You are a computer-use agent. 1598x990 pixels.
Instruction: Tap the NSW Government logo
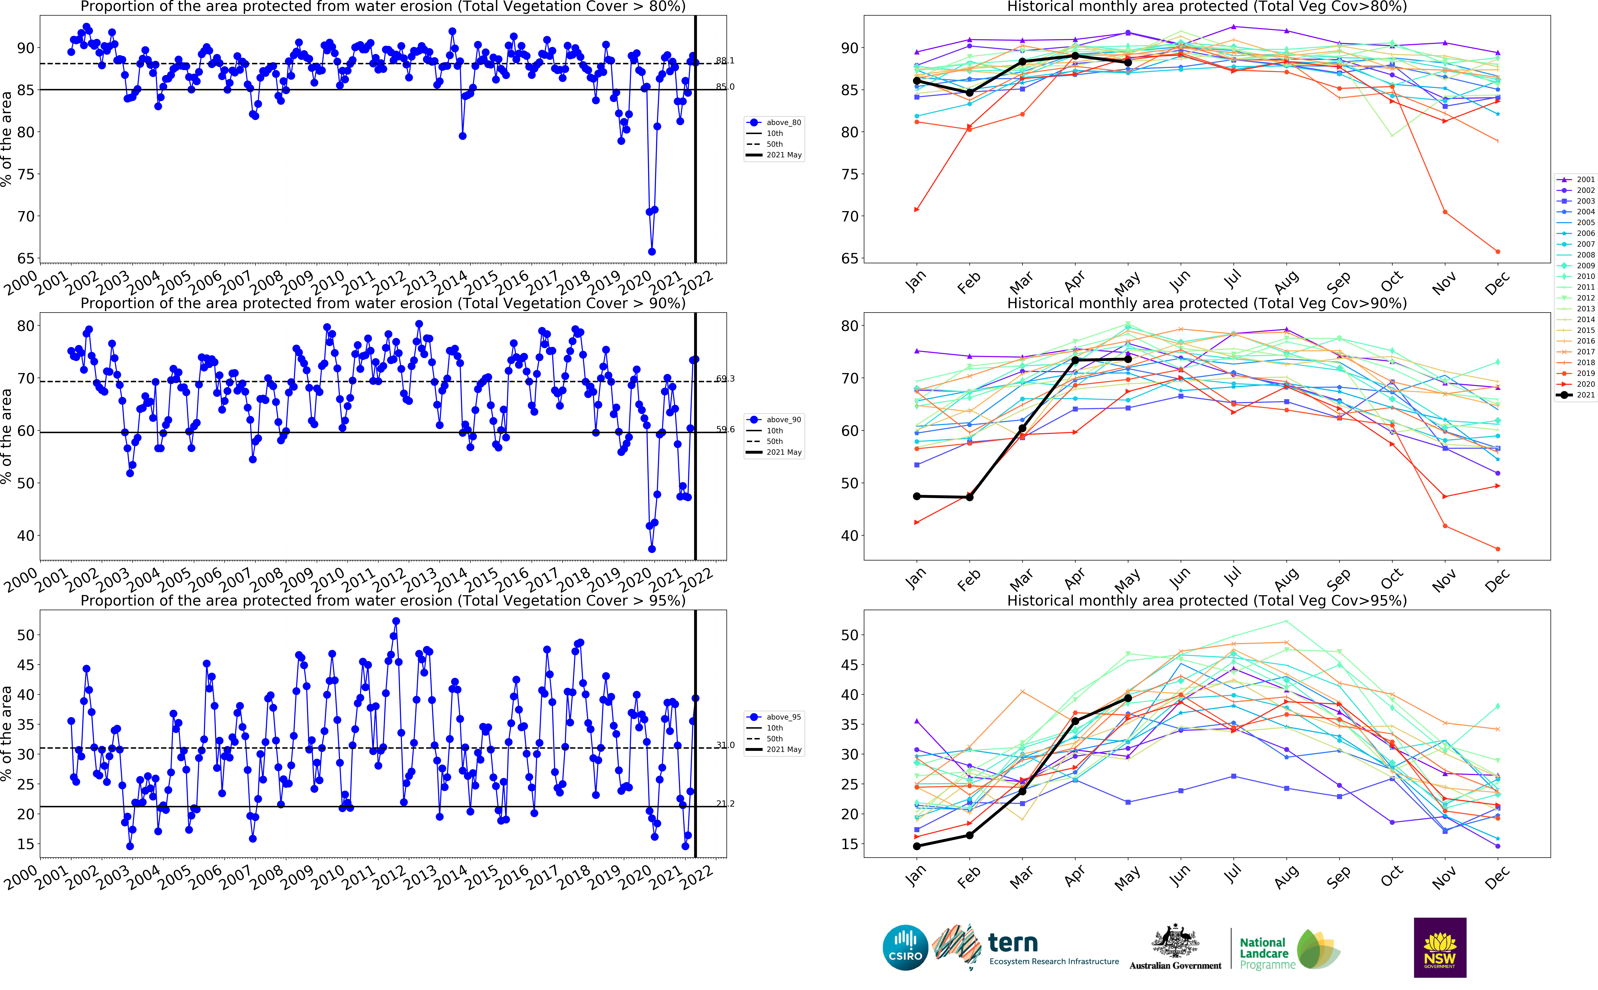tap(1440, 947)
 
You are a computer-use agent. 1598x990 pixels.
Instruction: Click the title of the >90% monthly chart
tap(1206, 303)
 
